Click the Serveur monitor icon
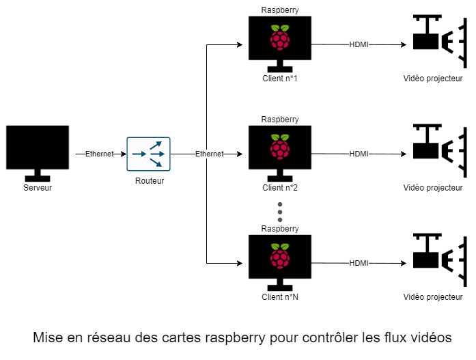(x=38, y=148)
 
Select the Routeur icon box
(x=148, y=154)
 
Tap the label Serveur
(x=38, y=187)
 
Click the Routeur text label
(x=149, y=181)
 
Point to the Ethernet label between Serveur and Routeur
(x=99, y=154)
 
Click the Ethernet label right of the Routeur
(x=209, y=154)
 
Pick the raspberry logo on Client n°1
(x=279, y=38)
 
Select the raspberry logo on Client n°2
(x=279, y=147)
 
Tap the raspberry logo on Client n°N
(x=279, y=256)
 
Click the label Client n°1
(x=279, y=79)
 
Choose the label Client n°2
(x=279, y=188)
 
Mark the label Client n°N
(x=279, y=297)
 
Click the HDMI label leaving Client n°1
(x=359, y=44)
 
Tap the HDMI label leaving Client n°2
(x=359, y=154)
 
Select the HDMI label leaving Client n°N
(x=359, y=263)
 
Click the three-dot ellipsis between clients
(x=279, y=212)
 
